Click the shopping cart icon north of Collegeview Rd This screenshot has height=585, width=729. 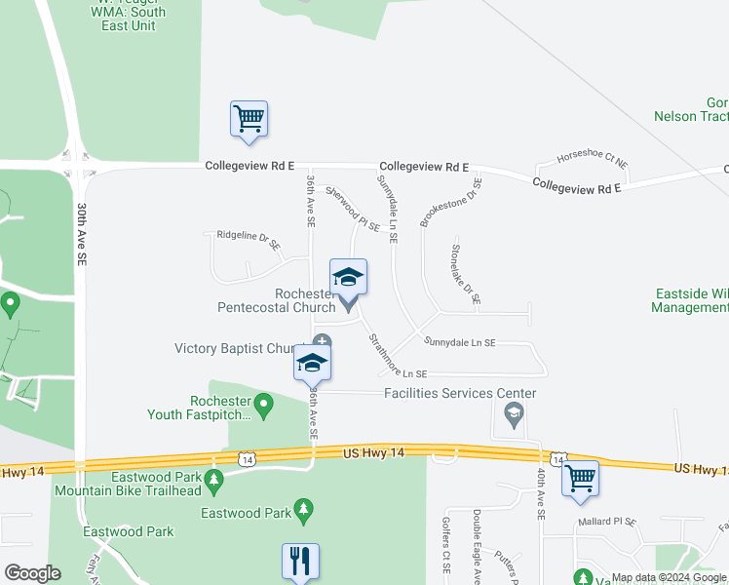click(x=249, y=118)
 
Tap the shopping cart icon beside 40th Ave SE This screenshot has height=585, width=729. click(x=580, y=478)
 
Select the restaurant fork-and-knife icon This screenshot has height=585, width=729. click(x=301, y=561)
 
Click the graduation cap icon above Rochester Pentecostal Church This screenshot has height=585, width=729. click(x=349, y=277)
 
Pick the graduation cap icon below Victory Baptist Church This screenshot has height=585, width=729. click(x=312, y=363)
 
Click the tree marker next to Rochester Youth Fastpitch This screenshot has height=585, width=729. click(x=263, y=402)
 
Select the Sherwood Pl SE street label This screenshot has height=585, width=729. click(x=353, y=209)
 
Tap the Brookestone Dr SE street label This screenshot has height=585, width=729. click(x=451, y=202)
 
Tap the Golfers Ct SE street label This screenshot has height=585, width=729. click(x=445, y=556)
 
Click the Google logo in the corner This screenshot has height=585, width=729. click(x=32, y=572)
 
